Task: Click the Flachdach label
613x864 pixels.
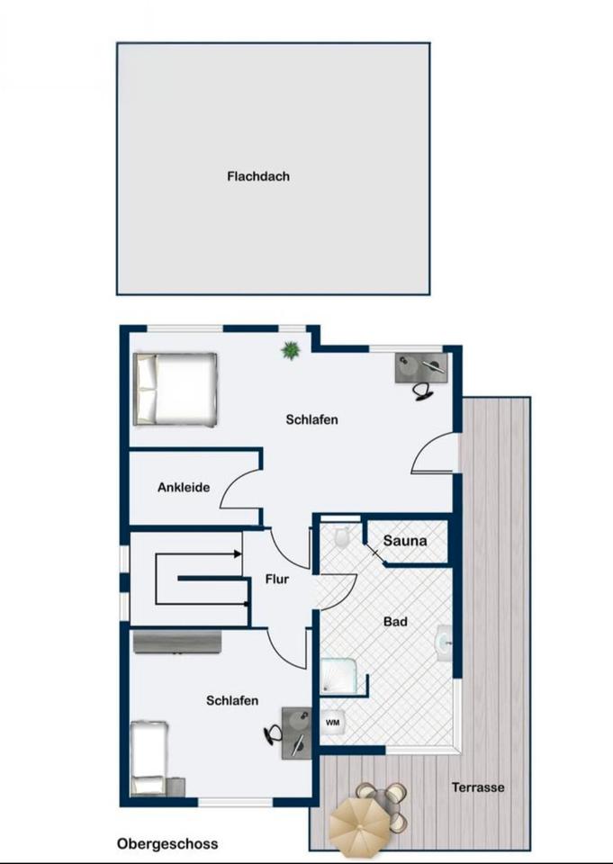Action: click(x=258, y=176)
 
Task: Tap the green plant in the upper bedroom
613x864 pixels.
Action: click(x=290, y=349)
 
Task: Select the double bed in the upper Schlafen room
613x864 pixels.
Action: click(x=175, y=389)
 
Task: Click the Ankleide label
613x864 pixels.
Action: click(x=184, y=487)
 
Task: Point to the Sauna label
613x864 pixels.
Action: click(x=405, y=541)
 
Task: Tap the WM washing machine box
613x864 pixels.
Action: click(x=333, y=723)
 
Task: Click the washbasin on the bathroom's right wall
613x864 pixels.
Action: click(x=445, y=643)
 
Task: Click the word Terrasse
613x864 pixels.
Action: click(x=478, y=787)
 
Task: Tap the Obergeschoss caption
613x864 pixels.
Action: click(x=167, y=844)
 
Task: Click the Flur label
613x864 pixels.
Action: click(x=276, y=579)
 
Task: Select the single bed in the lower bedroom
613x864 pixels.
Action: click(x=149, y=758)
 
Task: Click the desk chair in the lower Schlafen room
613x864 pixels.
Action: click(x=273, y=733)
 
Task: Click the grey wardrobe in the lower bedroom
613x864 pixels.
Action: click(x=177, y=642)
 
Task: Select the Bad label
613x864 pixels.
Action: click(x=395, y=622)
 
